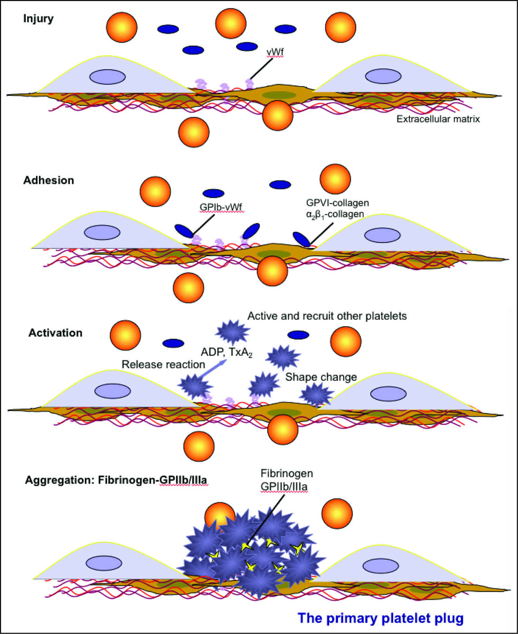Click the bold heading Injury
click(38, 18)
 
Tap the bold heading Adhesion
click(49, 180)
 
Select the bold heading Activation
click(55, 333)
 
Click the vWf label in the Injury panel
click(275, 52)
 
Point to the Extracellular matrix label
click(438, 119)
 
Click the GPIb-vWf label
click(221, 207)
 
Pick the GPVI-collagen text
click(337, 203)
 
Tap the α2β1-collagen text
click(335, 214)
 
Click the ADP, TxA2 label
click(227, 352)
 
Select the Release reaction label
click(163, 364)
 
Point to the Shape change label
click(321, 377)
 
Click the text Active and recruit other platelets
click(327, 316)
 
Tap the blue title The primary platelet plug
click(381, 618)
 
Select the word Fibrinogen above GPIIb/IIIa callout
click(282, 473)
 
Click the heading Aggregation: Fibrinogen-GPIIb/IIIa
click(116, 480)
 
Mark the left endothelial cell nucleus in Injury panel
click(107, 77)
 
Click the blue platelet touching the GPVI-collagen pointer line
click(301, 239)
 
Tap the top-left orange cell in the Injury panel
click(122, 27)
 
